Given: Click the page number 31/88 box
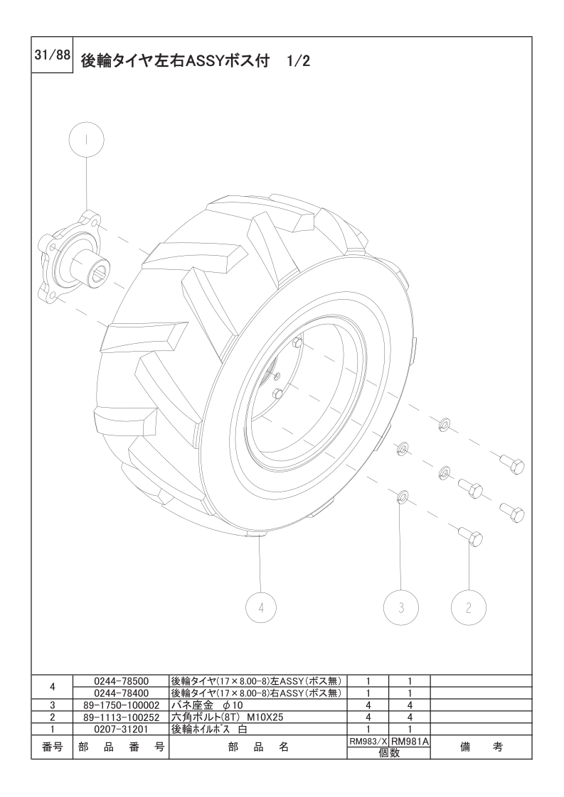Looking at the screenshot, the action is click(53, 55).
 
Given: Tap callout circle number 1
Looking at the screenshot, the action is click(86, 140).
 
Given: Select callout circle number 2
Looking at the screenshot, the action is click(468, 607).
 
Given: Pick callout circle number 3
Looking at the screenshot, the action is click(401, 607).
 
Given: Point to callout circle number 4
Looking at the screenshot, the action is click(261, 607).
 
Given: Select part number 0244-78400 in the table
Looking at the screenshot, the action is click(121, 693).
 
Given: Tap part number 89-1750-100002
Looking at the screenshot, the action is click(121, 705).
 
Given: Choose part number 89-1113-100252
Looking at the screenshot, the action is click(121, 717).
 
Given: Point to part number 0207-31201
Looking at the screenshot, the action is click(121, 729).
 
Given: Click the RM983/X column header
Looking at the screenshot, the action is click(368, 742).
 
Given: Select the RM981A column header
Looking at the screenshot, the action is click(410, 742).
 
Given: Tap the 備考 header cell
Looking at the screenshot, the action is click(481, 747).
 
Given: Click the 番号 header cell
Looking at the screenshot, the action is click(52, 747).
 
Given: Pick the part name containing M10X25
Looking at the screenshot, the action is click(227, 717).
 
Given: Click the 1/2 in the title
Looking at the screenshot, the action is click(298, 61).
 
